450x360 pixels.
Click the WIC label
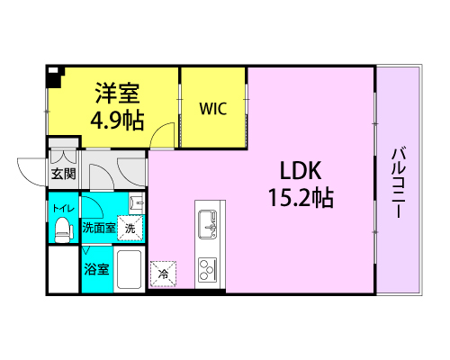point(213,109)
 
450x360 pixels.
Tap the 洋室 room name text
point(117,93)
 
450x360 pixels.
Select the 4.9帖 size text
point(117,121)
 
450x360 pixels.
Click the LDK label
point(301,170)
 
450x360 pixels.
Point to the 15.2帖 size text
point(301,198)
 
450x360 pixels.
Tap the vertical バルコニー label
point(399,183)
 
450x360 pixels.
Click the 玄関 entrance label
point(64,174)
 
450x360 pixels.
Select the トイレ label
point(63,208)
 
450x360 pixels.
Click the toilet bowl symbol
point(64,229)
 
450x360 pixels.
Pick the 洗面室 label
point(99,228)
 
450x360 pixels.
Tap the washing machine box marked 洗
point(130,229)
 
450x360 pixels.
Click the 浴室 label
point(96,269)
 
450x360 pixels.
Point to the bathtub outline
point(129,269)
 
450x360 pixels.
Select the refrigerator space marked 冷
point(163,274)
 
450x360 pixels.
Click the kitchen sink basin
point(207,224)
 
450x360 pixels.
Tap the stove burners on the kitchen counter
point(207,269)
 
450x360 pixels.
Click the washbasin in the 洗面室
point(137,202)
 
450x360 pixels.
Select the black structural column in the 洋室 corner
point(54,76)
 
